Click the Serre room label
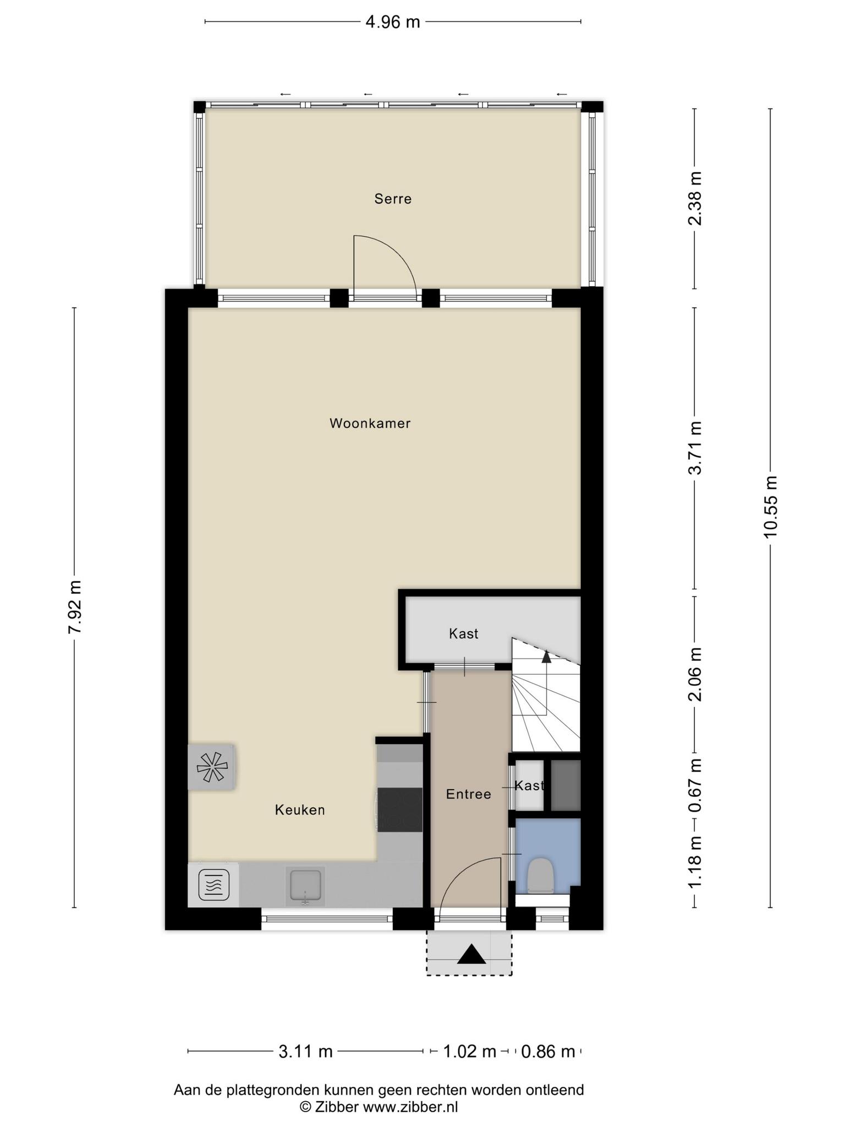[393, 199]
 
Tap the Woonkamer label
[370, 423]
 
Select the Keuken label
[300, 810]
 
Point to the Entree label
[468, 794]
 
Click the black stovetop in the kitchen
[400, 809]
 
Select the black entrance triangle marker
[471, 954]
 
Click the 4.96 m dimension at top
[393, 22]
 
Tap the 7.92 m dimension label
[74, 606]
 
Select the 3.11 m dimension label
[305, 1052]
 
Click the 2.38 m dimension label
[695, 199]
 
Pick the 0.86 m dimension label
[548, 1052]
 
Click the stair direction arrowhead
[546, 655]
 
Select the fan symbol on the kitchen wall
[212, 767]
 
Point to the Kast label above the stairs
[464, 634]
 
